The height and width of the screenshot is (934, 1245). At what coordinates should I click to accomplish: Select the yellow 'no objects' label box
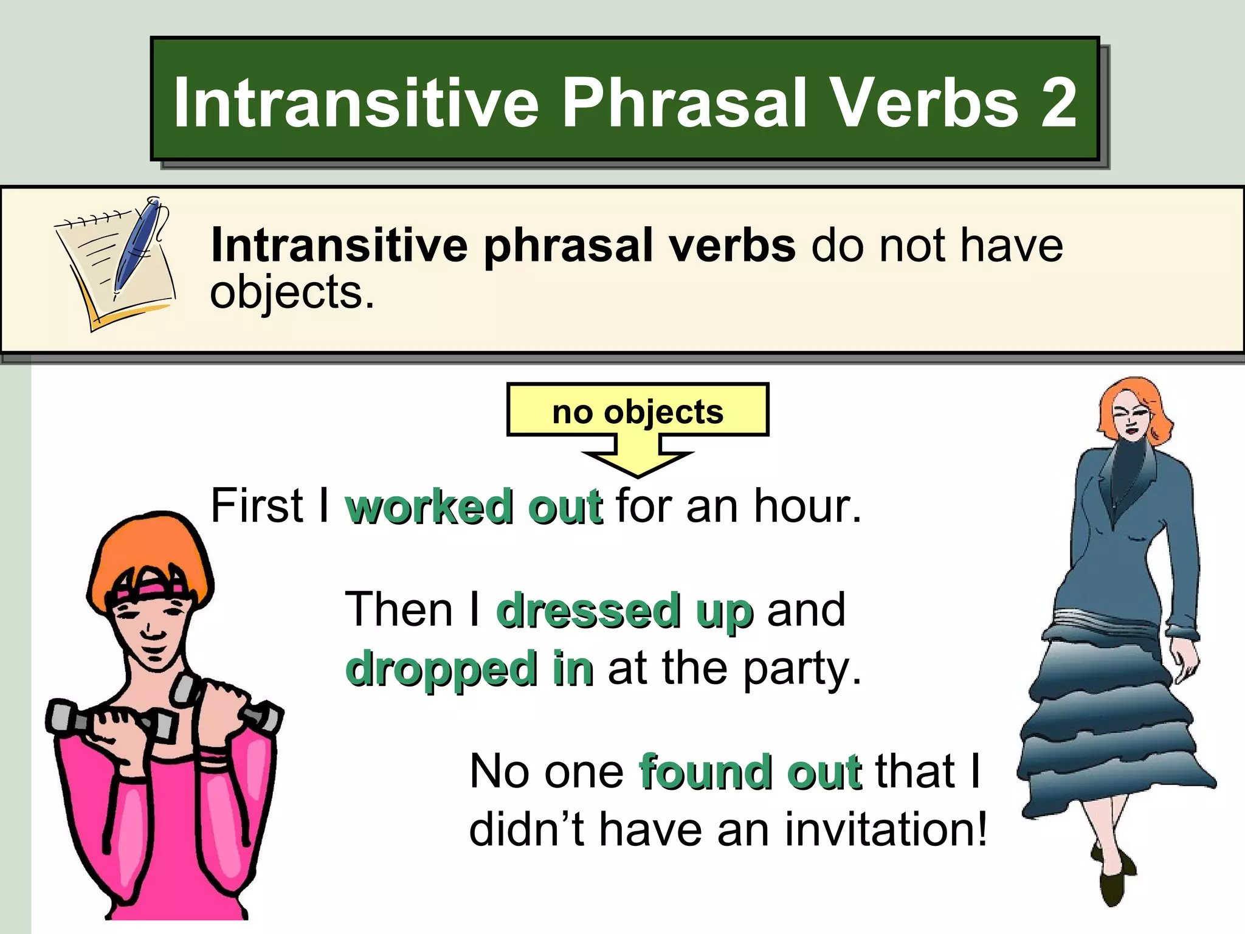[x=637, y=411]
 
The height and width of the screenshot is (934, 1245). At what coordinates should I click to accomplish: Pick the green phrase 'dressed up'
[x=625, y=611]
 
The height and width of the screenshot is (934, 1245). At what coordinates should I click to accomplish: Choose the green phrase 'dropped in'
[x=469, y=668]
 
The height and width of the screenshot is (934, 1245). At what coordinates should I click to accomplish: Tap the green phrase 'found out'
[x=750, y=772]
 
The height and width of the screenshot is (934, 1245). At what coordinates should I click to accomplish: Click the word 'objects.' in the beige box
[x=292, y=292]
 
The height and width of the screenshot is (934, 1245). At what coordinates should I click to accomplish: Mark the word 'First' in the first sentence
[x=256, y=506]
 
